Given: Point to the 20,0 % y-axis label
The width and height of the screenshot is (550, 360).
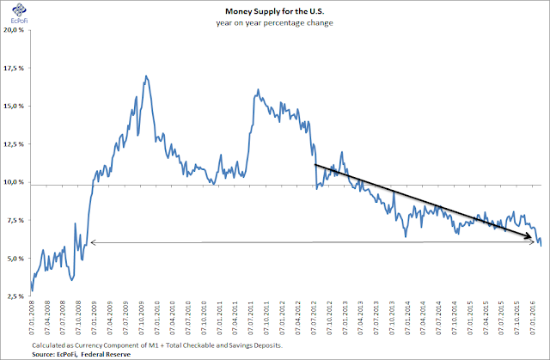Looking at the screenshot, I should (x=14, y=30).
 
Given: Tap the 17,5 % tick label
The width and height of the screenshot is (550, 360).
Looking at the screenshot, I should (x=14, y=69).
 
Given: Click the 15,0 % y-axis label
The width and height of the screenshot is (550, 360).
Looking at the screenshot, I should (x=14, y=107).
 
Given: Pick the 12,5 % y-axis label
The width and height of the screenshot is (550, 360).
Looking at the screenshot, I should (x=14, y=144).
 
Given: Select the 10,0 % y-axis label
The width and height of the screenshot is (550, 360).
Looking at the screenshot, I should (x=14, y=182).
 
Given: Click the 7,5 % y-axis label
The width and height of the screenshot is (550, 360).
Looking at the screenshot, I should (x=15, y=221).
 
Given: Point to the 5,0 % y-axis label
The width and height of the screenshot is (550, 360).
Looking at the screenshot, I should (x=15, y=259).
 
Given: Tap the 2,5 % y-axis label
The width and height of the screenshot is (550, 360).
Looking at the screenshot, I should (x=15, y=296).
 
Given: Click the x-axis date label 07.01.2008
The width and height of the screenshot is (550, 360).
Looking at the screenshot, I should (x=32, y=318).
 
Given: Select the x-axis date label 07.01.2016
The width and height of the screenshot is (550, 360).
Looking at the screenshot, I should (x=530, y=318).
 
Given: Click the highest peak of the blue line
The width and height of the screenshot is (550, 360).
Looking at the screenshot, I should (x=146, y=76).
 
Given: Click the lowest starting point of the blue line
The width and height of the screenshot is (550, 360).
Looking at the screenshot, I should (x=32, y=290).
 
